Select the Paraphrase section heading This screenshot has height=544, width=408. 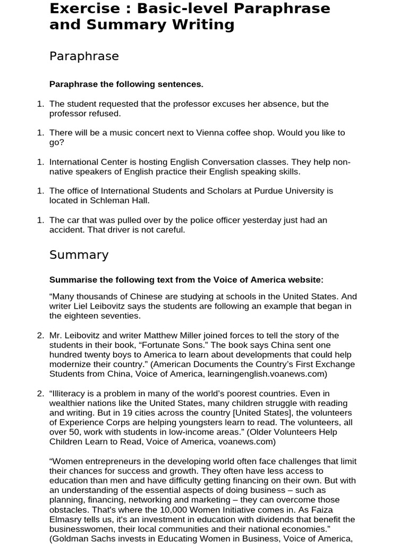click(84, 56)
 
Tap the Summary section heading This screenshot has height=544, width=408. click(79, 255)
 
